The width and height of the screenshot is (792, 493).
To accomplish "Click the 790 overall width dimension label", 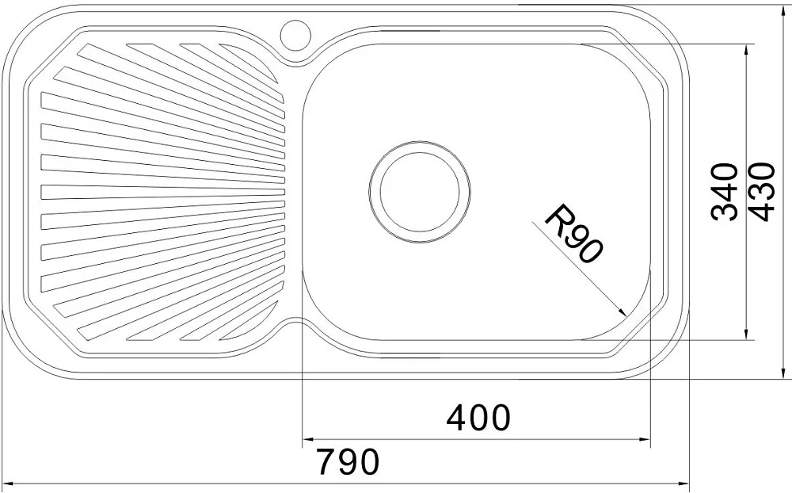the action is point(348,461).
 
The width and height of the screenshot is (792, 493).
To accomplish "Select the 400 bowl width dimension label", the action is point(478,417).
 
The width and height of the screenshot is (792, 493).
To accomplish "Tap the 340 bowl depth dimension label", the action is point(724,192).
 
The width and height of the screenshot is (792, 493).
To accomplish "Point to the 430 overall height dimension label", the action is point(760,192).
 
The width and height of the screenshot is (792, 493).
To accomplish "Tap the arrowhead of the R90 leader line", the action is point(622,311).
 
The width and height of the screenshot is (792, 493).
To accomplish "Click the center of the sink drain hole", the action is point(420,192).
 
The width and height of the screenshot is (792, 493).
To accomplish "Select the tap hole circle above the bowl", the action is point(296,34).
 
